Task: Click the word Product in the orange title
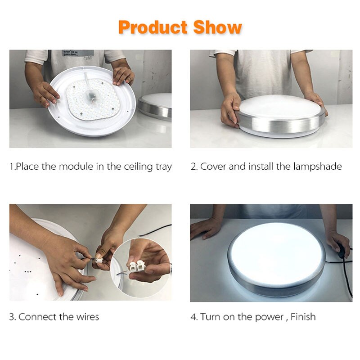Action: [x=153, y=27]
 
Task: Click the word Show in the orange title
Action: [x=218, y=27]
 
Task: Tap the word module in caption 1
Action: [x=76, y=166]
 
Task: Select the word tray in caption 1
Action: [x=164, y=167]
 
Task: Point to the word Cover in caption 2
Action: [x=213, y=166]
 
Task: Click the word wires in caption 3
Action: [x=87, y=317]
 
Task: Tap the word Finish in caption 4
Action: [x=303, y=317]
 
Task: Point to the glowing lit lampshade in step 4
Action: [x=277, y=252]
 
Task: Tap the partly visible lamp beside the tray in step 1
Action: [x=155, y=106]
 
